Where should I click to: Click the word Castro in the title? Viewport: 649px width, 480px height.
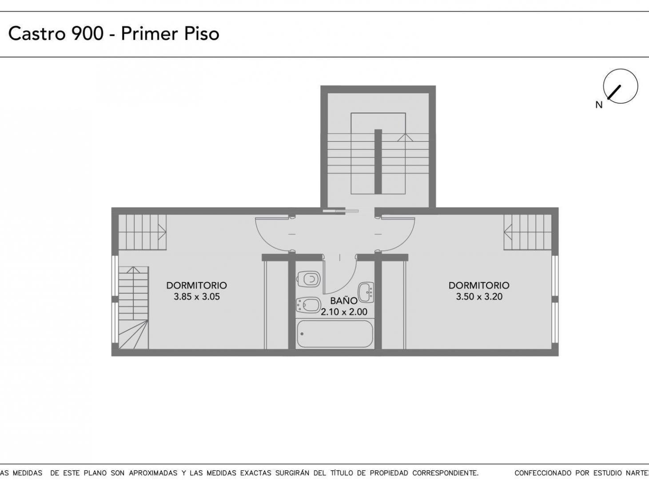[36, 33]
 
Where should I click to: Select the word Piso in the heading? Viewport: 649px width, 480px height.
[202, 33]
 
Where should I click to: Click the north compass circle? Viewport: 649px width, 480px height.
[620, 86]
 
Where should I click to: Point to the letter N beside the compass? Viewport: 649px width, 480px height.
[599, 105]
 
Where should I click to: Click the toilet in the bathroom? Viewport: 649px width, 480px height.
[309, 279]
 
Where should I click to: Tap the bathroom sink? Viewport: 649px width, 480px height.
[366, 292]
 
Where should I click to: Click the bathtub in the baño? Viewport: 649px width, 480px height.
[335, 334]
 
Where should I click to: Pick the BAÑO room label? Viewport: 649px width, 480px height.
[344, 300]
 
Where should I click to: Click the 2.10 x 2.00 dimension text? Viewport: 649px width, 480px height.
[344, 312]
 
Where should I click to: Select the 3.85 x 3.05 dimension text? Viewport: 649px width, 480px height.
[197, 297]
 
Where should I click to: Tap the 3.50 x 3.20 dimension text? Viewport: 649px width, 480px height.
[479, 297]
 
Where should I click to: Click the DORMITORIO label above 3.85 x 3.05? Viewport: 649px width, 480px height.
[197, 285]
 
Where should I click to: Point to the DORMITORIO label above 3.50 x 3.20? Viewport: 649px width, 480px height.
[479, 285]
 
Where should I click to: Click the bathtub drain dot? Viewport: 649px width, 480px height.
[302, 334]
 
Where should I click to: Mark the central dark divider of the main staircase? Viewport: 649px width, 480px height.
[378, 162]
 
